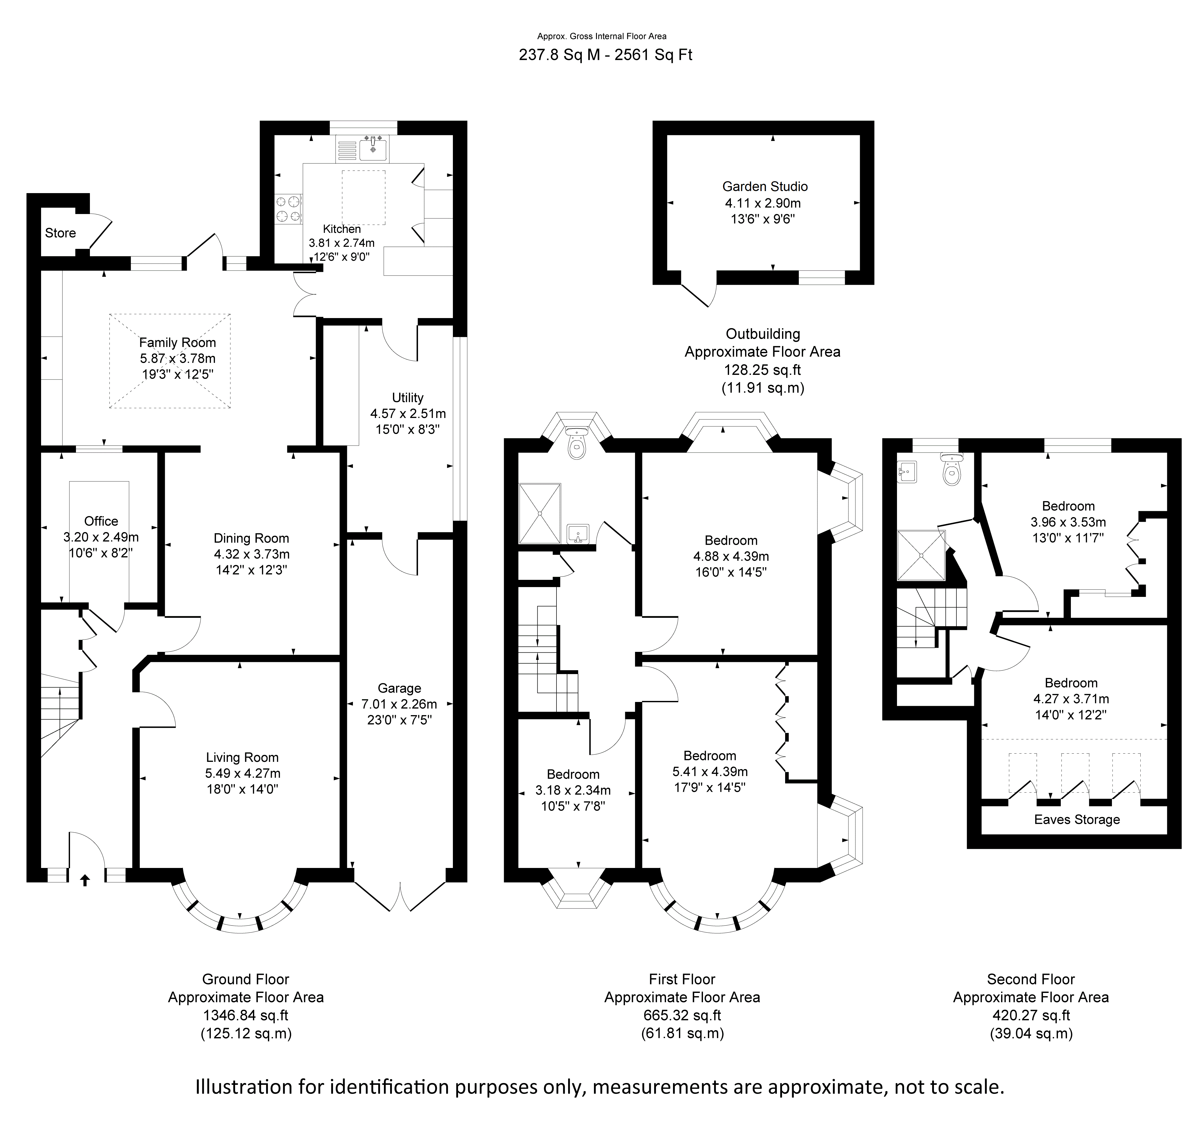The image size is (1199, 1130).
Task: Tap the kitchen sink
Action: click(373, 148)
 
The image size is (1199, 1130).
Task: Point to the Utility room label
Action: click(408, 398)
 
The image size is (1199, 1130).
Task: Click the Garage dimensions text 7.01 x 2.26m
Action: click(399, 704)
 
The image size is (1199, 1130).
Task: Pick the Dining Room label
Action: click(251, 538)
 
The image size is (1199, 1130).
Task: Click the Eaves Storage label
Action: click(1077, 820)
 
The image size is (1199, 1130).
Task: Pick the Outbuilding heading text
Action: click(763, 334)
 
